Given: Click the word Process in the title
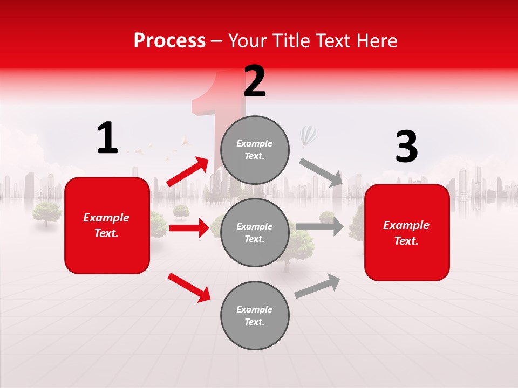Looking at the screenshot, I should pyautogui.click(x=169, y=41).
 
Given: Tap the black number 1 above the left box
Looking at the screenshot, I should pyautogui.click(x=107, y=138).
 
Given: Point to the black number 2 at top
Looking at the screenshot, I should pyautogui.click(x=255, y=81).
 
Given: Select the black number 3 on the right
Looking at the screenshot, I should pyautogui.click(x=406, y=147).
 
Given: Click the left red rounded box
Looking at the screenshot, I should pyautogui.click(x=107, y=225).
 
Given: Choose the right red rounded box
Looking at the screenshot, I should pyautogui.click(x=407, y=232).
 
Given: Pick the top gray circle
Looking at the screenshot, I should pyautogui.click(x=255, y=150).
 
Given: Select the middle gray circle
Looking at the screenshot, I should pyautogui.click(x=255, y=232).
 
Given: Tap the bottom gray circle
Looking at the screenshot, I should pyautogui.click(x=255, y=315).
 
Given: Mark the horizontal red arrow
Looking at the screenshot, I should pyautogui.click(x=189, y=228).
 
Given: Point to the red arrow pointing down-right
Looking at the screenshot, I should pyautogui.click(x=189, y=287).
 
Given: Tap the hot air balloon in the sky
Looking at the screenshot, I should pyautogui.click(x=309, y=136).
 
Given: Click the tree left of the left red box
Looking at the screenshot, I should pyautogui.click(x=46, y=213).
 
